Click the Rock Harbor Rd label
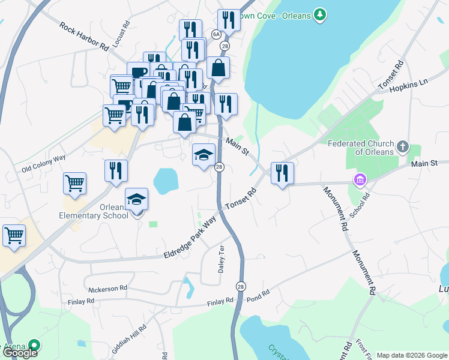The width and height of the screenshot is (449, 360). [x=84, y=37]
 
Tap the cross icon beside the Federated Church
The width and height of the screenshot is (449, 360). [x=403, y=145]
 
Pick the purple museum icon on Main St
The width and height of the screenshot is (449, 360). [x=360, y=179]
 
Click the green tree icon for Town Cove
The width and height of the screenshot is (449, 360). [x=321, y=13]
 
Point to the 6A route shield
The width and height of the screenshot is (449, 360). [x=216, y=34]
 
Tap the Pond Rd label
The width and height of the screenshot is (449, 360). [x=258, y=296]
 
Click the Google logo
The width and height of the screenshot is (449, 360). [x=19, y=353]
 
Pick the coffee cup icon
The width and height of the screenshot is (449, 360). [x=138, y=73]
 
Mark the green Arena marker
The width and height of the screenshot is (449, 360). [x=35, y=345]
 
